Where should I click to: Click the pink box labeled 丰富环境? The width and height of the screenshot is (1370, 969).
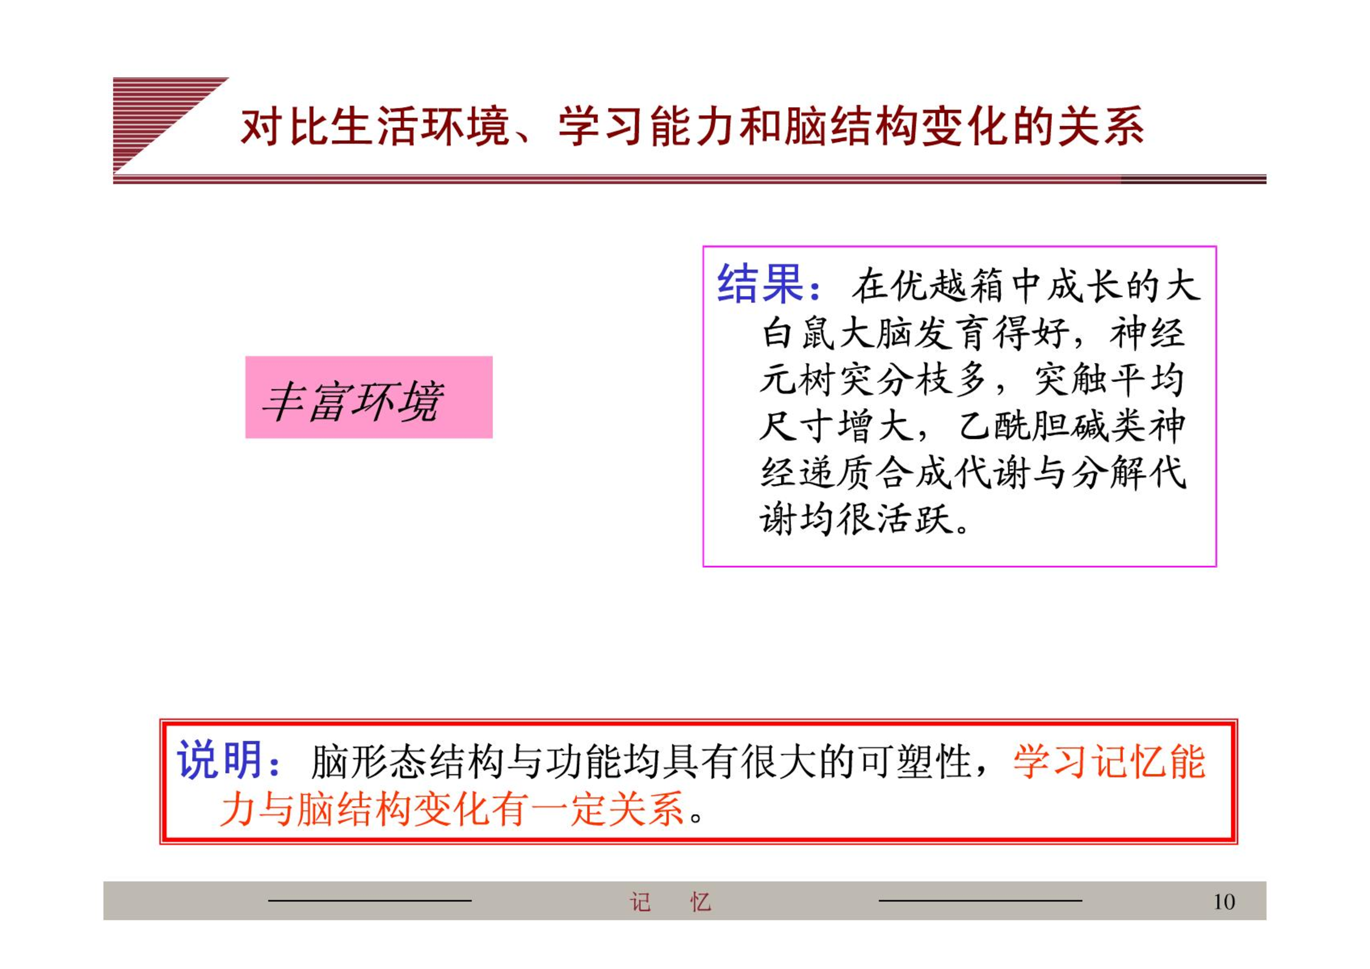click(369, 397)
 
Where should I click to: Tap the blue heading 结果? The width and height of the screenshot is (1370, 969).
click(760, 284)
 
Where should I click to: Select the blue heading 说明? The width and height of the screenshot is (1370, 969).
click(220, 759)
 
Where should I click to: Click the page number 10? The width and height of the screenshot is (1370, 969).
click(1224, 901)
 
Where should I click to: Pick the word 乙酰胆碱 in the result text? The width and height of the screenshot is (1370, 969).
click(1034, 426)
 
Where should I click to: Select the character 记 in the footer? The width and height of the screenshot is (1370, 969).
click(640, 902)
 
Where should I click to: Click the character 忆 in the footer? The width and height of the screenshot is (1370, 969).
click(700, 902)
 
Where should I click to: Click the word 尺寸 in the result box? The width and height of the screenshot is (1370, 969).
click(798, 426)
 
